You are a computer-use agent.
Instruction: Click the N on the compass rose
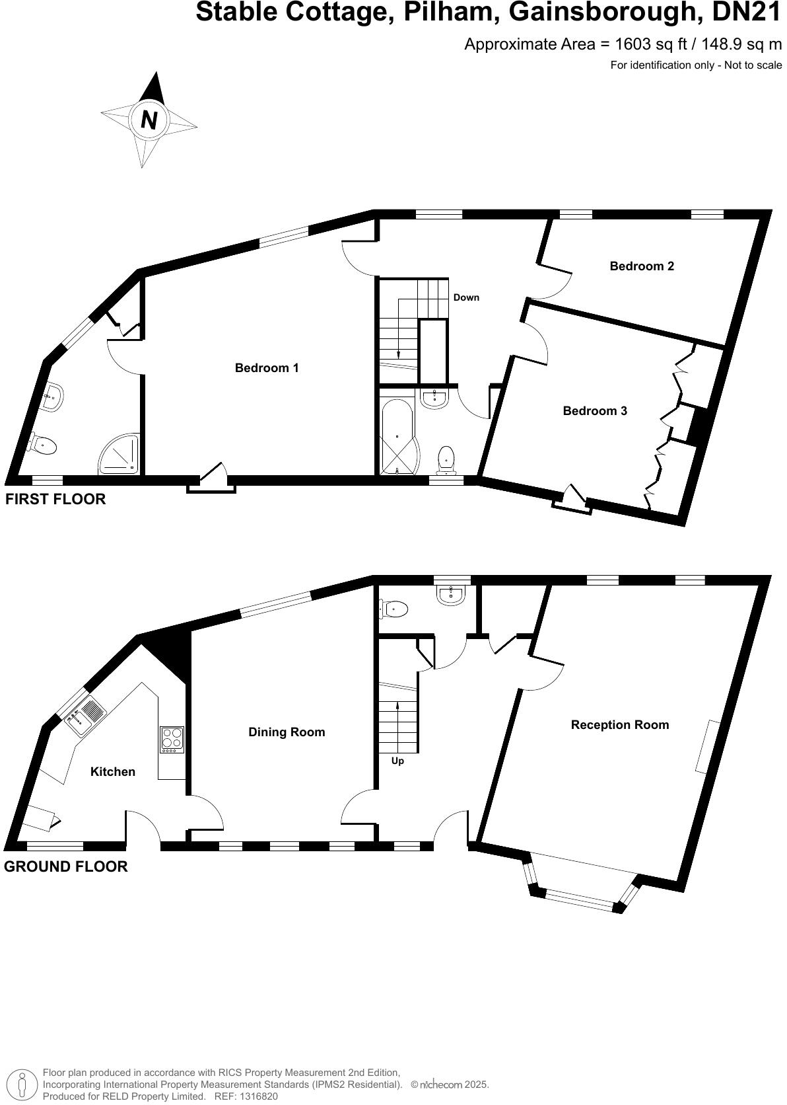(150, 120)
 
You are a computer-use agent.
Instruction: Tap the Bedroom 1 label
(267, 368)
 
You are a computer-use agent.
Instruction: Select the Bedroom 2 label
(641, 266)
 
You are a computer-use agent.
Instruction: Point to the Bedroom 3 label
(594, 411)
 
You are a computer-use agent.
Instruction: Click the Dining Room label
(287, 732)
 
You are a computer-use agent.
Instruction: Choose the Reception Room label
(619, 725)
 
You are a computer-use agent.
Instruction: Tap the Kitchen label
(113, 772)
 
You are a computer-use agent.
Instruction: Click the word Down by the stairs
(466, 297)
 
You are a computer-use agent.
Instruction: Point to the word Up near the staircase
(397, 761)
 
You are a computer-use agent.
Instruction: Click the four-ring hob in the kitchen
(172, 740)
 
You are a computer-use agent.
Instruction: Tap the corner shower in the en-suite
(121, 455)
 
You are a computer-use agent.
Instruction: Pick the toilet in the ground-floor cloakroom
(395, 609)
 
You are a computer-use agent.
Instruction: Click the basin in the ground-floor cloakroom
(452, 593)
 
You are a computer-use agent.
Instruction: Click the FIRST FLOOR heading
(55, 499)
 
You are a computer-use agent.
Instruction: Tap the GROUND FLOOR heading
(66, 866)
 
